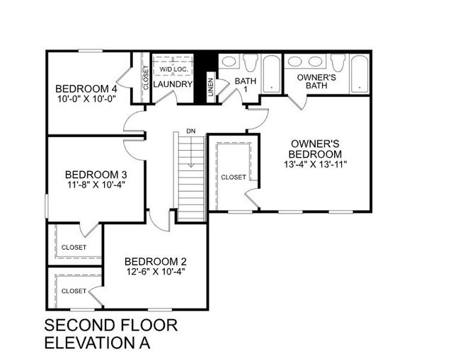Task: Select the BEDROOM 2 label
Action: click(x=155, y=260)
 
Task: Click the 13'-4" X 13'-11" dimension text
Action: click(x=316, y=164)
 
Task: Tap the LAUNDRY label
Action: click(x=173, y=84)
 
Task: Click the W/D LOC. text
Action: click(x=172, y=70)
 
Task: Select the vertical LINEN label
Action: click(x=210, y=86)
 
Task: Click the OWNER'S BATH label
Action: click(x=316, y=81)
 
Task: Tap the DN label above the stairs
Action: click(x=190, y=131)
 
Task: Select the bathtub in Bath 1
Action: click(x=272, y=74)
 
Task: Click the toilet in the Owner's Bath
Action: click(x=338, y=62)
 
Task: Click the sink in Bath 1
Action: click(x=229, y=62)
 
